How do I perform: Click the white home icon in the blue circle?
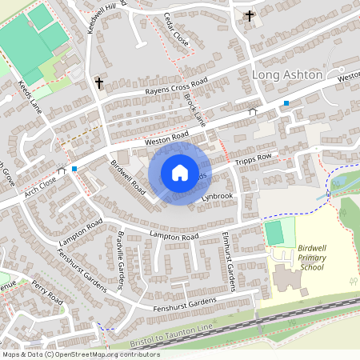(180, 173)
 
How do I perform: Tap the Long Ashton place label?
(286, 74)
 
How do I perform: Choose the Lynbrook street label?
(217, 196)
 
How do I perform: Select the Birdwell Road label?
(128, 177)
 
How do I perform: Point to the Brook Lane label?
(195, 111)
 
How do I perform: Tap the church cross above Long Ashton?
(249, 15)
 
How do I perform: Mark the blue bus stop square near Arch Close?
(74, 169)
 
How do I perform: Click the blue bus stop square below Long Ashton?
(286, 103)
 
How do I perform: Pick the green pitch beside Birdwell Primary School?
(274, 233)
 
